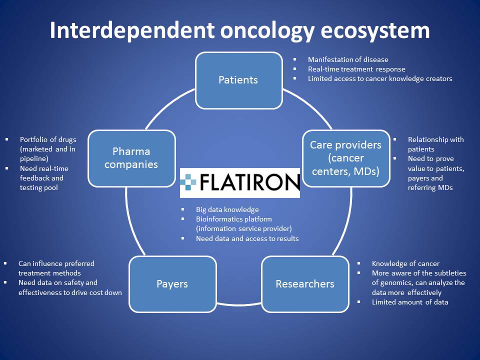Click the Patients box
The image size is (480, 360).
point(238,80)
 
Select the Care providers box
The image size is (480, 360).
point(345,158)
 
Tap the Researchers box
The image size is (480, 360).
point(305,284)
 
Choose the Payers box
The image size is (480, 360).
point(172,284)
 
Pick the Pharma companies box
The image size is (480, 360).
point(131,158)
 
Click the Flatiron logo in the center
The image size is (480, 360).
point(240,183)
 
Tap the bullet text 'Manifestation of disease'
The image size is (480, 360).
point(348,59)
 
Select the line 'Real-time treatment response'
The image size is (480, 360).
point(356,69)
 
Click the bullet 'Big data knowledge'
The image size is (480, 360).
point(227,209)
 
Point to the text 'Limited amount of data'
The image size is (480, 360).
point(410,302)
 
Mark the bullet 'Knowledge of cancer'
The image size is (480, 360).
point(405,263)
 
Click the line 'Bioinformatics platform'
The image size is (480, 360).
point(234,219)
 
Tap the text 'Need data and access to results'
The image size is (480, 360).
point(247,238)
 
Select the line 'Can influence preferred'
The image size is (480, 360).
point(56,263)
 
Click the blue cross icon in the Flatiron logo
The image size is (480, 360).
point(189,182)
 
